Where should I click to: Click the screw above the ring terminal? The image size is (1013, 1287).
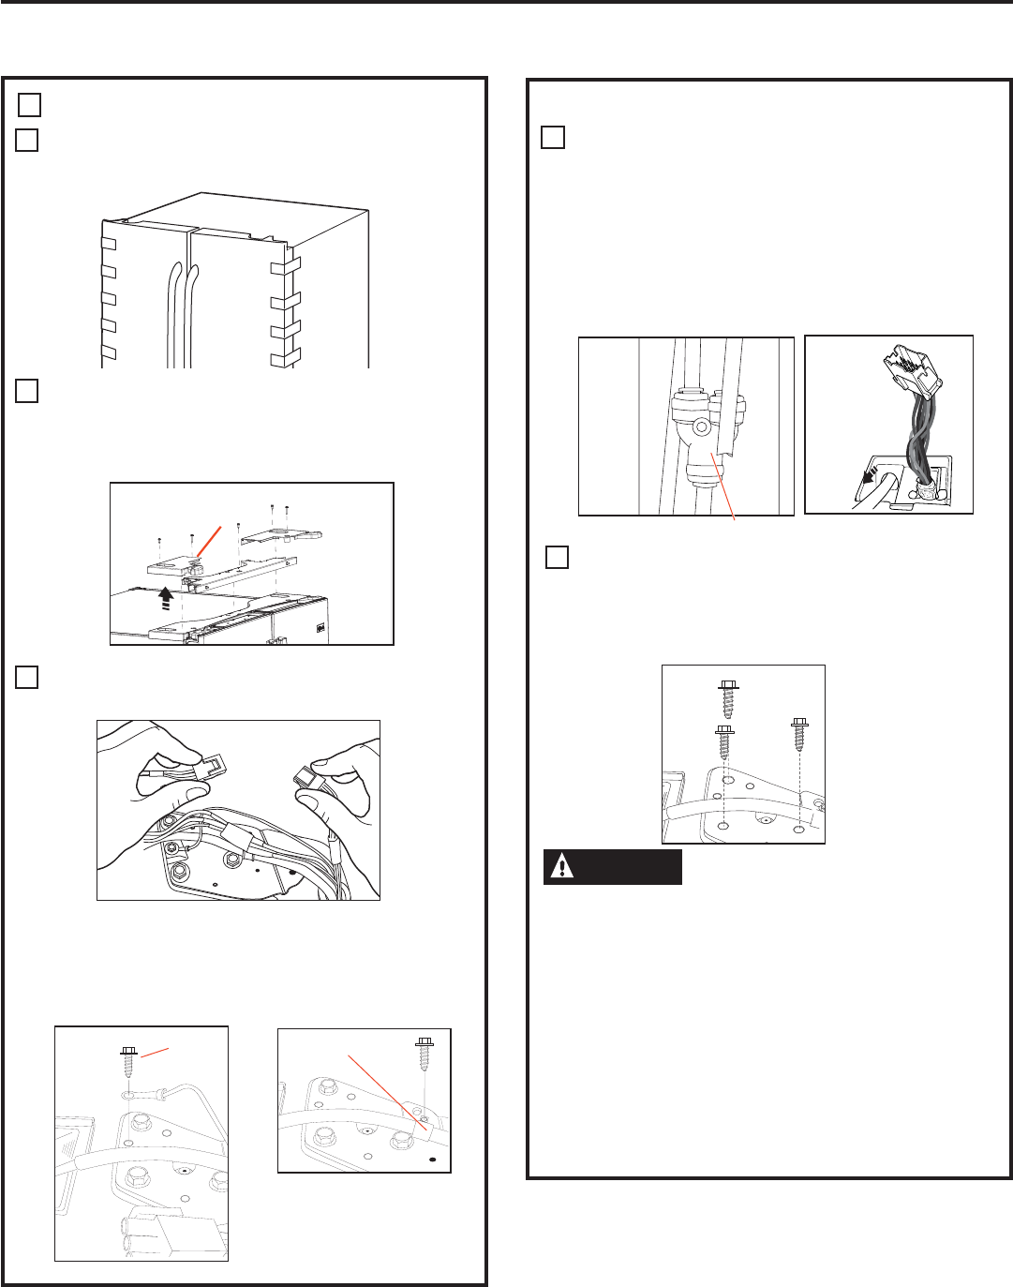click(x=128, y=1063)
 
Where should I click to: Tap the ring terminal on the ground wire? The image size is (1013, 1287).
click(x=129, y=1094)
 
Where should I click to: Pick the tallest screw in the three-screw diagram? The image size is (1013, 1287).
click(x=728, y=699)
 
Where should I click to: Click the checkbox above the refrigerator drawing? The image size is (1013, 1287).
click(x=26, y=140)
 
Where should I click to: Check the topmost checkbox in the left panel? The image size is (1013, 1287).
click(x=29, y=104)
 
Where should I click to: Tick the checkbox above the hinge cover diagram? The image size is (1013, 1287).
click(x=26, y=391)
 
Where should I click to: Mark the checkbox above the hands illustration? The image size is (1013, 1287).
click(x=26, y=677)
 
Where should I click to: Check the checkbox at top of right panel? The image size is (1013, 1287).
click(x=553, y=137)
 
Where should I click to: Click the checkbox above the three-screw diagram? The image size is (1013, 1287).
click(x=557, y=557)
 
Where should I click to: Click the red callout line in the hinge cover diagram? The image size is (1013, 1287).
click(x=211, y=540)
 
